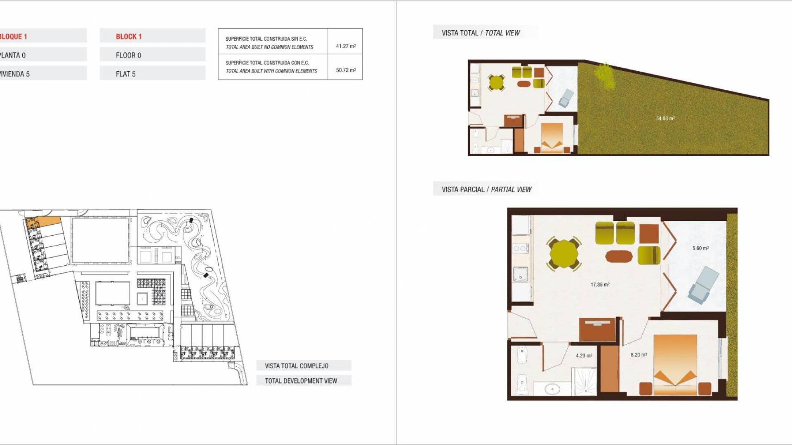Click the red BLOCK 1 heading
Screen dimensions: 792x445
129,37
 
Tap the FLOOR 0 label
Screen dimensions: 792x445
128,55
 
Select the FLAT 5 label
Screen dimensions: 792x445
125,74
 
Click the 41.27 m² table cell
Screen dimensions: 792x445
346,46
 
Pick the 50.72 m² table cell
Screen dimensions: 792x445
346,70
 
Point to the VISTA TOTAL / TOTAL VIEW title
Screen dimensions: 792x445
481,33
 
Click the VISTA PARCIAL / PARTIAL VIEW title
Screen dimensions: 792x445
486,190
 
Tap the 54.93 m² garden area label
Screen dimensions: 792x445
665,118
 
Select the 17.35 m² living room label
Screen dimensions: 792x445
600,284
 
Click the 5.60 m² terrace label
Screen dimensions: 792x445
700,248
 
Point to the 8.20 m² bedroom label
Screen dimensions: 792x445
639,354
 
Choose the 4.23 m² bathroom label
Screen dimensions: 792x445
584,355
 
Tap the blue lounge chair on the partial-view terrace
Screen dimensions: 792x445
704,284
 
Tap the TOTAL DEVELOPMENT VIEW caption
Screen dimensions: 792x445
301,381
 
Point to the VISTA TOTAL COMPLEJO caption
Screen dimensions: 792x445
297,366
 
